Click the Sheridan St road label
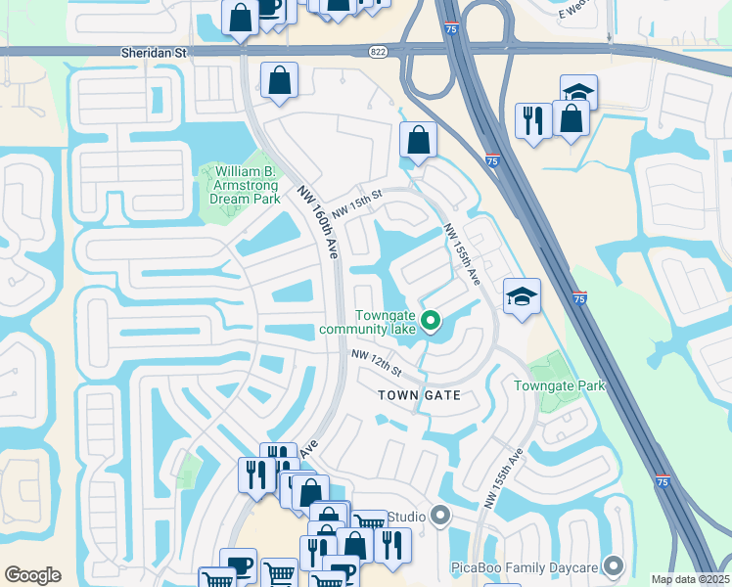click(x=153, y=53)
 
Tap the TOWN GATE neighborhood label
click(x=419, y=395)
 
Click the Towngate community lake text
click(x=367, y=322)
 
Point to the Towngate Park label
click(x=560, y=385)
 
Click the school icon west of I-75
click(x=522, y=295)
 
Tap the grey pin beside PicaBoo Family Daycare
click(x=615, y=565)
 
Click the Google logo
click(x=32, y=575)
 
